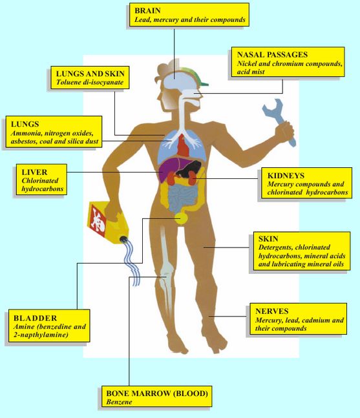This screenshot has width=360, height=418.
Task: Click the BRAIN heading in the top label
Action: [147, 11]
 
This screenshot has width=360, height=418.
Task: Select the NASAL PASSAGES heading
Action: [272, 55]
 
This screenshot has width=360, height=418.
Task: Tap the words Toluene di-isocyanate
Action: [90, 82]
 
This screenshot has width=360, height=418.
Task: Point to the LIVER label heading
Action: [34, 172]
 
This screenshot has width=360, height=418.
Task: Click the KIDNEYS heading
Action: [286, 176]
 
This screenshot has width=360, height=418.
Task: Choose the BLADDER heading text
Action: [35, 318]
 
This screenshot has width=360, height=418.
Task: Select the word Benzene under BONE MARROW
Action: [119, 402]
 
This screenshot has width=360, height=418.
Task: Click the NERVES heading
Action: [271, 311]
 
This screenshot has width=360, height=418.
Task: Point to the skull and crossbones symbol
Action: [98, 218]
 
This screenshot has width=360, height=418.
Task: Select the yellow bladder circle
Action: [182, 218]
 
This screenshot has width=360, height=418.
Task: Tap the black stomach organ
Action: [189, 169]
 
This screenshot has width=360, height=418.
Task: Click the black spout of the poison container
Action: [123, 239]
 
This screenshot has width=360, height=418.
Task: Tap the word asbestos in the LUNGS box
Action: [23, 141]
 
